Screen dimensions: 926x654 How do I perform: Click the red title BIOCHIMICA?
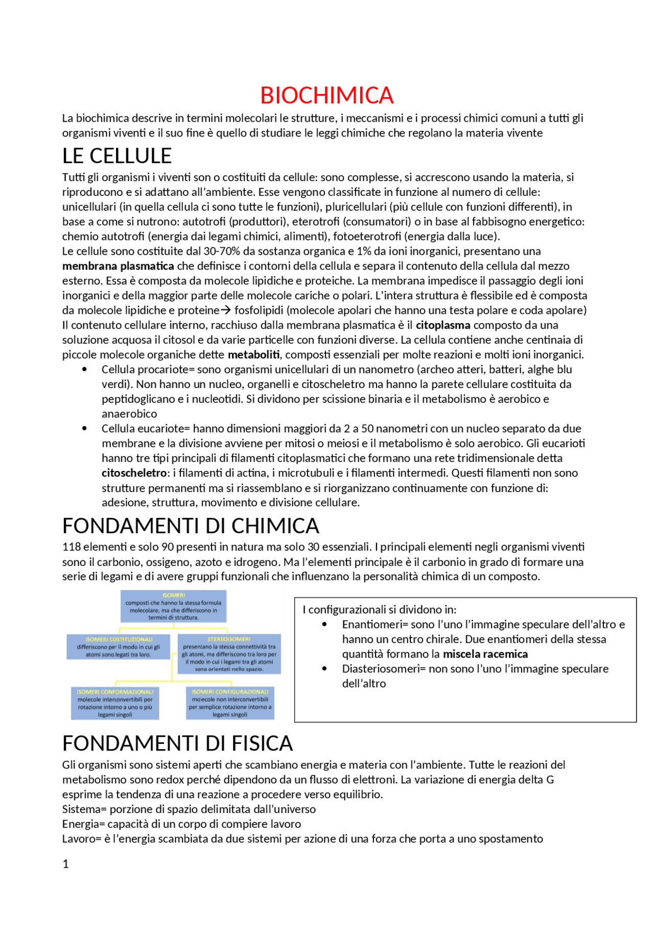point(326,96)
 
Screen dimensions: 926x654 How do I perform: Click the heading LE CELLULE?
point(117,156)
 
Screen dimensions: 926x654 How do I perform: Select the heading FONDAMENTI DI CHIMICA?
point(191,526)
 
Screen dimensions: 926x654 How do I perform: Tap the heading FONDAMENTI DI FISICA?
point(177,743)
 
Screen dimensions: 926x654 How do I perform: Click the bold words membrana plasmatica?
point(118,266)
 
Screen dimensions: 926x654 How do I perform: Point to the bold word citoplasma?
point(442,325)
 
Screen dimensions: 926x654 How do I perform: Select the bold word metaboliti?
point(253,355)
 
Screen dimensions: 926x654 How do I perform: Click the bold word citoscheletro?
point(134,473)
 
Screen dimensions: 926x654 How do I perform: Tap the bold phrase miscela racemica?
point(485,654)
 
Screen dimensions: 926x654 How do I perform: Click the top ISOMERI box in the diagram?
point(173,606)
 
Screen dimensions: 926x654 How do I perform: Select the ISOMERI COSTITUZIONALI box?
point(118,647)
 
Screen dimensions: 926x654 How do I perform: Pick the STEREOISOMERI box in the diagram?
point(229,654)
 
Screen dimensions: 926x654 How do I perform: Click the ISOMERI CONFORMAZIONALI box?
point(115,703)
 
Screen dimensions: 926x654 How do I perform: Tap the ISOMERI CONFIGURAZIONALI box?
point(230,703)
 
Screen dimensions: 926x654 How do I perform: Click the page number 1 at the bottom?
point(65,864)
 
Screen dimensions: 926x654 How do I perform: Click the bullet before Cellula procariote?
point(84,370)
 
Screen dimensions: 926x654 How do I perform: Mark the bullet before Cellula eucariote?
point(84,428)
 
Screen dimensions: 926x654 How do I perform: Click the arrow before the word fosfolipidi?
point(226,310)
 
